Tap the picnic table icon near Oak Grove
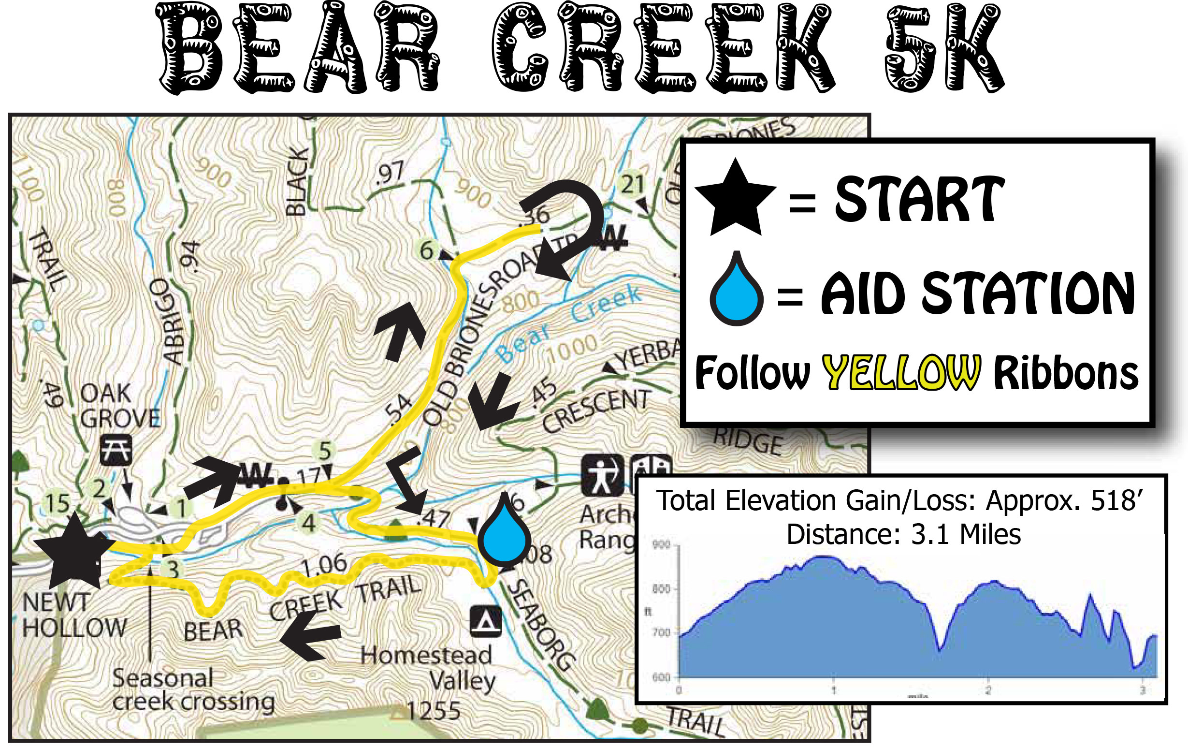(x=116, y=450)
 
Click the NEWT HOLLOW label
(x=74, y=615)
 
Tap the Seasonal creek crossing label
(x=192, y=690)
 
